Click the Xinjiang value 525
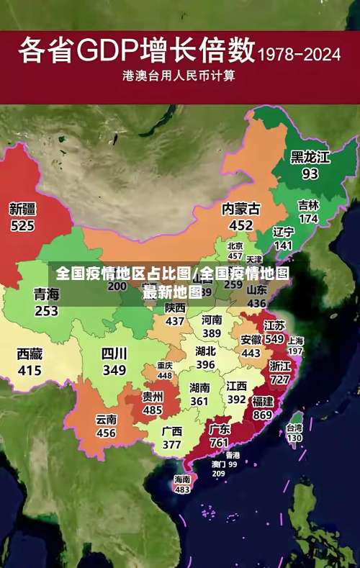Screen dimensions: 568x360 click(22, 225)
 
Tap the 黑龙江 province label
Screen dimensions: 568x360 click(310, 157)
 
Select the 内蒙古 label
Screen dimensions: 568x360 click(240, 209)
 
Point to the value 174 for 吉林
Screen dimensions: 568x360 click(308, 218)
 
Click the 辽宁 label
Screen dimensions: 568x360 click(283, 232)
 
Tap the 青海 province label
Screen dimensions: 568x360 click(46, 294)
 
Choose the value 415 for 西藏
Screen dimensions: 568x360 click(30, 370)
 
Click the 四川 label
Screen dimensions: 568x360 click(114, 353)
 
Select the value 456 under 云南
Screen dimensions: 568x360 click(106, 433)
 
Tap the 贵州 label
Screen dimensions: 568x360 click(152, 397)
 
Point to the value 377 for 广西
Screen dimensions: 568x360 click(171, 444)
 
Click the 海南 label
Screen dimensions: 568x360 click(182, 479)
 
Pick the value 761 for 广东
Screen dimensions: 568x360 click(220, 443)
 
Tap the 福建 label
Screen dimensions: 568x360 click(262, 401)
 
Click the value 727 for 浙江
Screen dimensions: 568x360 click(279, 379)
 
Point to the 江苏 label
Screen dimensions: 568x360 click(274, 325)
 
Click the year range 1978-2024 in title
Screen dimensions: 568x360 click(300, 53)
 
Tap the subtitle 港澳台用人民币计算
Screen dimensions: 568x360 click(179, 75)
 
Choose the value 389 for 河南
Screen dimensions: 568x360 click(211, 333)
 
